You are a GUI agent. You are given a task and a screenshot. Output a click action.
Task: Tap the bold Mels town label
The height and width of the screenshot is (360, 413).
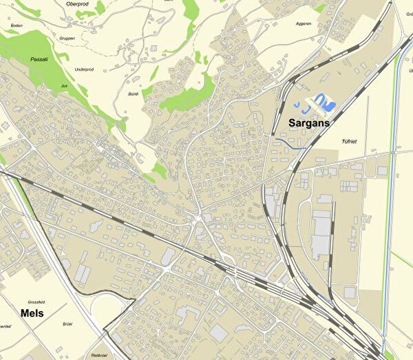(x=32, y=313)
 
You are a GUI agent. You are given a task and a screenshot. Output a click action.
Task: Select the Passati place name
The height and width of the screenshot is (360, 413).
(x=40, y=59)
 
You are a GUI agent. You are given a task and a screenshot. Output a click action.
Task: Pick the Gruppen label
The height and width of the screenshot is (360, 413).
(x=67, y=38)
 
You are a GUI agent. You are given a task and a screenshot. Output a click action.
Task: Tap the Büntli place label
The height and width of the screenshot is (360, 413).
(x=134, y=94)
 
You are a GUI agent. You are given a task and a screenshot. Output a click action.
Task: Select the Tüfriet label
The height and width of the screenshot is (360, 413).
(x=349, y=141)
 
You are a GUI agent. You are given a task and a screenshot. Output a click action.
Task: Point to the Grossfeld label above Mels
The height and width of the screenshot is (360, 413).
(x=37, y=301)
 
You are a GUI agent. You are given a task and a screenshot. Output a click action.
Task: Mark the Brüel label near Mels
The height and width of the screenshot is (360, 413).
(x=67, y=324)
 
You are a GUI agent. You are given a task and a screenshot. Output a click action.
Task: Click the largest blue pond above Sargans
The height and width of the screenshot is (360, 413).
(x=323, y=103)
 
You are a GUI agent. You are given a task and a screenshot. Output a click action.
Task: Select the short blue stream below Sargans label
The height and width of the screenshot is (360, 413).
(x=289, y=143)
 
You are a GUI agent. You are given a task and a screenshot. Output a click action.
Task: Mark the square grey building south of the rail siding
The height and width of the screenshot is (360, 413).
(x=350, y=293)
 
